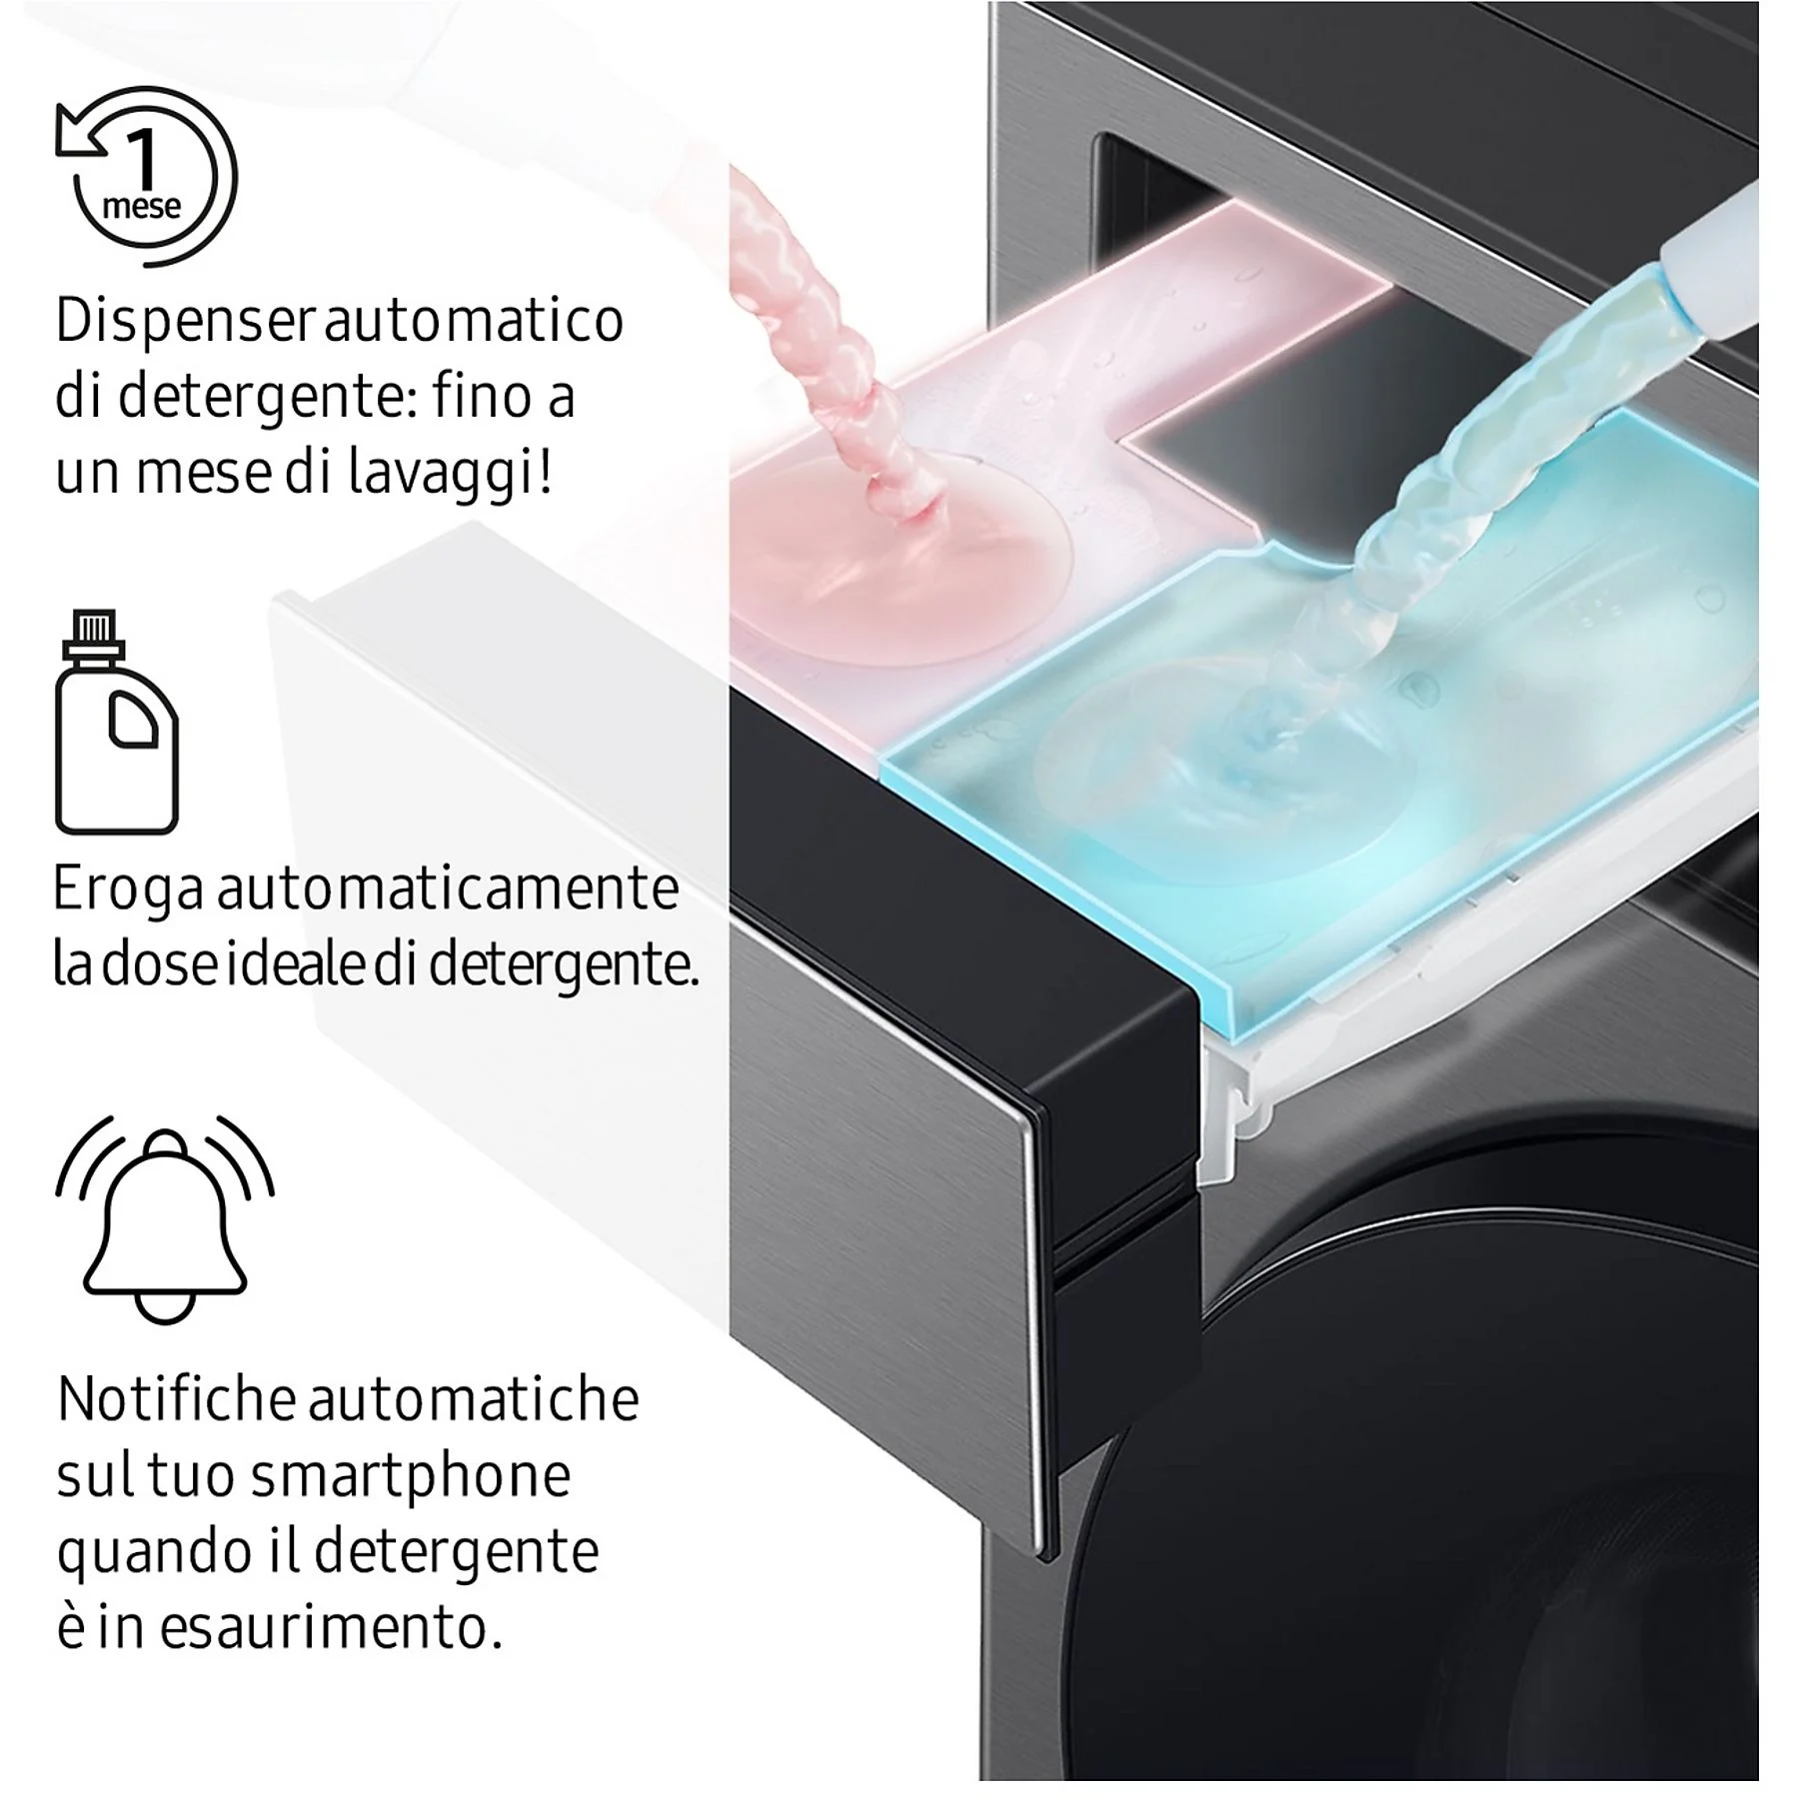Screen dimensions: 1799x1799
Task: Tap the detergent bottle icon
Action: (117, 722)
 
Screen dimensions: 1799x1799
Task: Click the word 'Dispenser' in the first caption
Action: (187, 321)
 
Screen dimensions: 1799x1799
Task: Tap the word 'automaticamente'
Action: (448, 888)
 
